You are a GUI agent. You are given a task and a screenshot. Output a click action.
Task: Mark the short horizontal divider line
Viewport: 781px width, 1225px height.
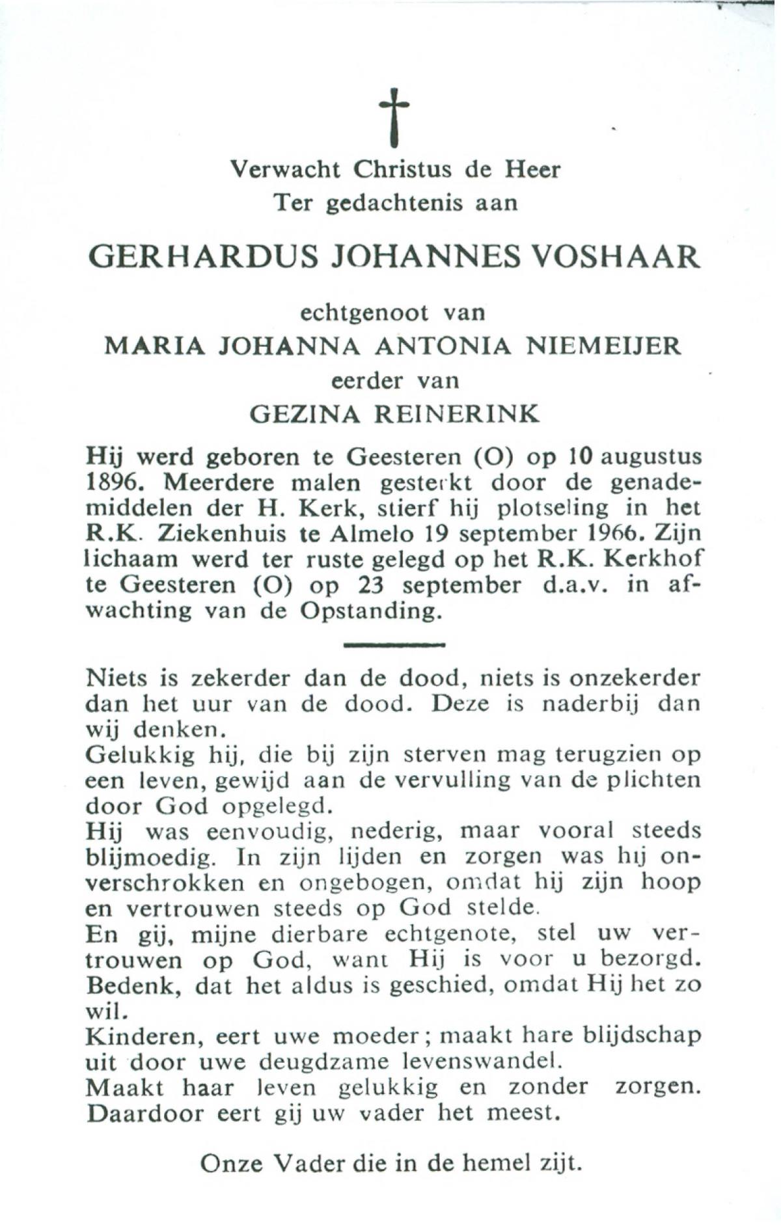click(393, 645)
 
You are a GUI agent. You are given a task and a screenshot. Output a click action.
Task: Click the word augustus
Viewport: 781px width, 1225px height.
click(651, 457)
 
